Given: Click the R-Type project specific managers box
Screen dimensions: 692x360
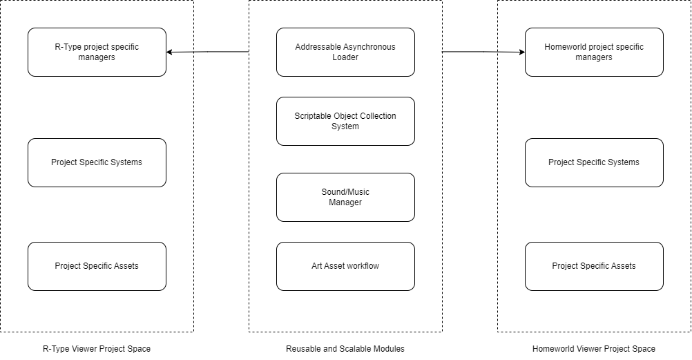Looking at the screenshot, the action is tap(97, 52).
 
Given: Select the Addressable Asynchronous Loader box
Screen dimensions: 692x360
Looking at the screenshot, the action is tap(345, 52).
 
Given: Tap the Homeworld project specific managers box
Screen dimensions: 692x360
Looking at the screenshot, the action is tap(594, 52).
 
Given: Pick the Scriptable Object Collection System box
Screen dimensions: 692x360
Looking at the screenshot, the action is tap(345, 121).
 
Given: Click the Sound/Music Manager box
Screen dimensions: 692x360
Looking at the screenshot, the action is tap(345, 197).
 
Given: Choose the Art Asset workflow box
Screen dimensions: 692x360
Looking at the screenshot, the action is tap(345, 266).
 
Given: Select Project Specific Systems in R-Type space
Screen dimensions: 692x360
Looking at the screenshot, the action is tap(97, 162).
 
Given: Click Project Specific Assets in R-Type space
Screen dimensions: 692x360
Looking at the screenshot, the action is tap(97, 266).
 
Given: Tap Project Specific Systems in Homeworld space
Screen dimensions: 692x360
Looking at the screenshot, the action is tap(594, 162).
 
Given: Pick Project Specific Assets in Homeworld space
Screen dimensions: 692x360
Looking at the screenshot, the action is tap(594, 266).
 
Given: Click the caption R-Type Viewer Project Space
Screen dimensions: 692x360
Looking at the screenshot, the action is tap(97, 348).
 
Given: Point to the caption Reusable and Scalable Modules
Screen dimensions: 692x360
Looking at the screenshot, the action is tap(345, 348).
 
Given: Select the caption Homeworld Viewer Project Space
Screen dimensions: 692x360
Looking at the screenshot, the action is tap(593, 348).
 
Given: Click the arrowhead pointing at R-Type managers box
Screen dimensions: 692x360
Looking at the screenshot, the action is tap(169, 52).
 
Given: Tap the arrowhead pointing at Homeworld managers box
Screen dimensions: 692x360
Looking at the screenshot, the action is tap(522, 52).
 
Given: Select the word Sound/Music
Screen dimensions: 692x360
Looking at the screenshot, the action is tap(345, 191).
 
